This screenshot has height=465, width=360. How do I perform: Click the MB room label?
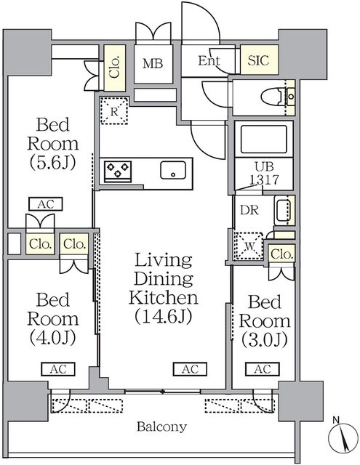(x=153, y=63)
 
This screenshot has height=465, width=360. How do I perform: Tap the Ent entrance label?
(x=209, y=61)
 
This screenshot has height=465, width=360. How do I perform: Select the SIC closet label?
(x=258, y=60)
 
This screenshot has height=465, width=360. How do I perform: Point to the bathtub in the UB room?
(x=264, y=139)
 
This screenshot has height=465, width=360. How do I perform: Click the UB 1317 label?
(x=264, y=173)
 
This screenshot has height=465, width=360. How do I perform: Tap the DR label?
(x=249, y=210)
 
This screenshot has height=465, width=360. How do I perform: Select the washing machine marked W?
(x=249, y=246)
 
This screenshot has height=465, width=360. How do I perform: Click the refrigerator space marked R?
(x=114, y=110)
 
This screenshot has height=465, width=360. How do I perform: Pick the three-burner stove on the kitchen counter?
(x=118, y=171)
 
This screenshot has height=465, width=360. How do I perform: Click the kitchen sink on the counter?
(x=173, y=170)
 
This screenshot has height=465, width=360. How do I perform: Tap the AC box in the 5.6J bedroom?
(x=46, y=204)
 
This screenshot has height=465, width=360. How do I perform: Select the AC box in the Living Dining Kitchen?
(x=190, y=369)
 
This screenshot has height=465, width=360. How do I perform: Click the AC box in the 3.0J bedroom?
(x=263, y=369)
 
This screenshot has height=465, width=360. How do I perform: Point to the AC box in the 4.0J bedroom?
(x=58, y=369)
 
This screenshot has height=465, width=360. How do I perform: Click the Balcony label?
(x=161, y=426)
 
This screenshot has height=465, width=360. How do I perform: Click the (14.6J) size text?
(x=164, y=317)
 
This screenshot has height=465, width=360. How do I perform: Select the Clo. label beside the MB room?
(x=115, y=67)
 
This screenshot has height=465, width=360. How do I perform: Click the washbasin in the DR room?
(x=284, y=210)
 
